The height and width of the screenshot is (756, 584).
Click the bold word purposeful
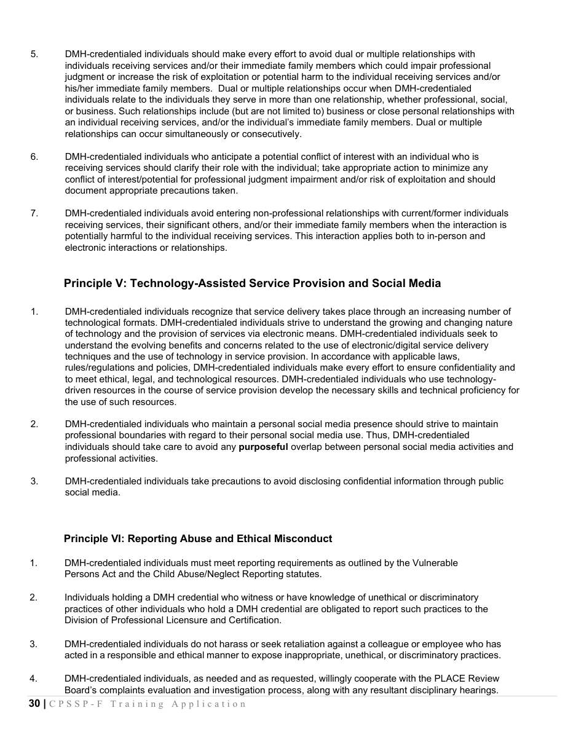coord(263,447)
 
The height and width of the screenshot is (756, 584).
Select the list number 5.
coord(34,54)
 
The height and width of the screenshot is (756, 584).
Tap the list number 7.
coord(34,213)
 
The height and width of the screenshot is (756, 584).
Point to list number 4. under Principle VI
coord(34,679)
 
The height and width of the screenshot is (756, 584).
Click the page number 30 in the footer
coord(34,704)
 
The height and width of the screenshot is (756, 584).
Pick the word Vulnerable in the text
coord(435,563)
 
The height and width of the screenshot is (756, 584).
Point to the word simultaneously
coord(179,134)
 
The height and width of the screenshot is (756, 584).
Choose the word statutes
coord(302,574)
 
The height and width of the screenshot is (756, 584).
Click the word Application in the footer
coord(209,704)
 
